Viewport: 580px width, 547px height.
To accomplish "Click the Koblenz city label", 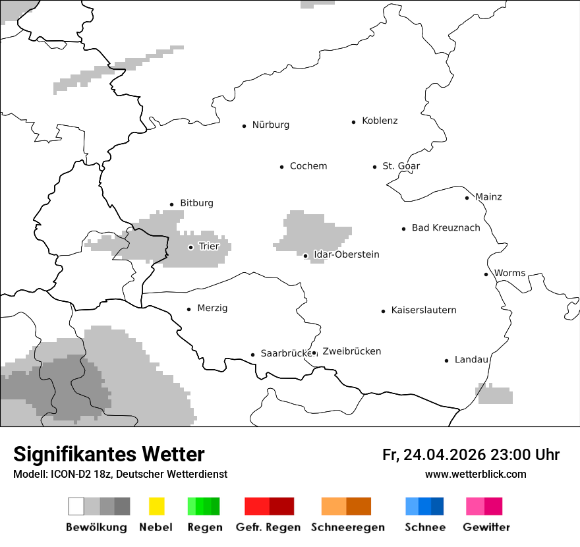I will [x=380, y=121].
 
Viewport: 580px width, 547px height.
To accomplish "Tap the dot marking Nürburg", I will [x=244, y=125].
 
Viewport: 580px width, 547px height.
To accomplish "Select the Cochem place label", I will [x=308, y=166].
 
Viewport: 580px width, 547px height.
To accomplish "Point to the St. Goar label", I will [x=401, y=166].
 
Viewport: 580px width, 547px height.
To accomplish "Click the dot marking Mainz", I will [x=467, y=198].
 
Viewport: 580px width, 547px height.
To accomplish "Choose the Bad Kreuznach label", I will [x=446, y=228].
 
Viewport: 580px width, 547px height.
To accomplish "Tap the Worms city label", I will [x=509, y=273].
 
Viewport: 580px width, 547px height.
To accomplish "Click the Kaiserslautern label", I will [x=423, y=310].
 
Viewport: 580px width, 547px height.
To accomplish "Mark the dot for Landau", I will [x=446, y=360].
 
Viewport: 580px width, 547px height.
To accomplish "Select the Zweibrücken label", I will [x=351, y=351].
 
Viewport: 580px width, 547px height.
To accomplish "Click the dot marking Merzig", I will [x=188, y=309].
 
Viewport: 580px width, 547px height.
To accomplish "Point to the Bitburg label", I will [x=196, y=203].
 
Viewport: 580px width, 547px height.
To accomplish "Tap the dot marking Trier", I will [x=190, y=247].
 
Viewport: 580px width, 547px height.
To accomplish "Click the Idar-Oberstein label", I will [x=346, y=254].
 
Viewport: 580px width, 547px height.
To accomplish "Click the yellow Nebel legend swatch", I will [x=156, y=506].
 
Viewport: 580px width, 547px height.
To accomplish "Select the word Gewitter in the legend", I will [x=486, y=527].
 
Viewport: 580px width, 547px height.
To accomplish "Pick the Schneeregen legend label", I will [x=347, y=527].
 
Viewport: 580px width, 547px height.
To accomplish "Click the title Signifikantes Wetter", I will [x=109, y=454].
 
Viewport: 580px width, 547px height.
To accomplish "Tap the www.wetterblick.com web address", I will [x=475, y=474].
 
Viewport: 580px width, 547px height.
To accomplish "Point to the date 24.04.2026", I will [x=444, y=455].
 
